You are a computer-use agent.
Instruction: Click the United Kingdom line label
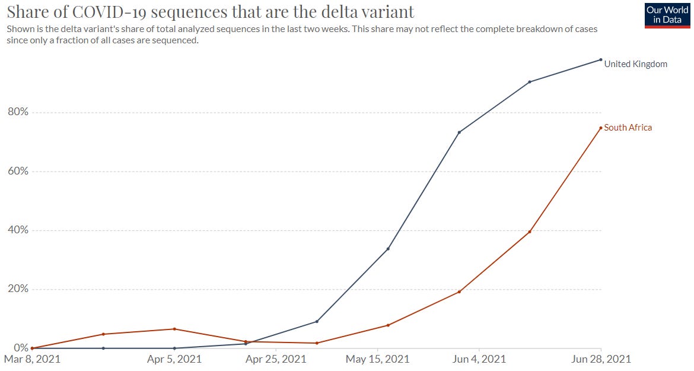tap(635, 64)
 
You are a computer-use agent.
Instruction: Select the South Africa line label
tap(628, 128)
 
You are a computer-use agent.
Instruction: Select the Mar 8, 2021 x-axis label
tap(32, 359)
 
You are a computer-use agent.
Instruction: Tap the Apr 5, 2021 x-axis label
tap(174, 359)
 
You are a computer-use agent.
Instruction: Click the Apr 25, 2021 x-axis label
tap(276, 359)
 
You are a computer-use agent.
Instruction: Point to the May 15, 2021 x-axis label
tap(377, 359)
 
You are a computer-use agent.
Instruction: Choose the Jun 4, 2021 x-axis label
tap(479, 359)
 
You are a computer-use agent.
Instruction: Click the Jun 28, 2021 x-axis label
tap(601, 359)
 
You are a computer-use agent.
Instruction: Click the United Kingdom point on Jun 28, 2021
tap(601, 59)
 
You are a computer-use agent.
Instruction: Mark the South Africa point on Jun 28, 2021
tap(601, 128)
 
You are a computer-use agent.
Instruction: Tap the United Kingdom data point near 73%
tap(459, 132)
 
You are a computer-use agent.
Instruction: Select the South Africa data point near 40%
tap(530, 232)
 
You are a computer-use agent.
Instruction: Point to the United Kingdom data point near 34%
tap(388, 249)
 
